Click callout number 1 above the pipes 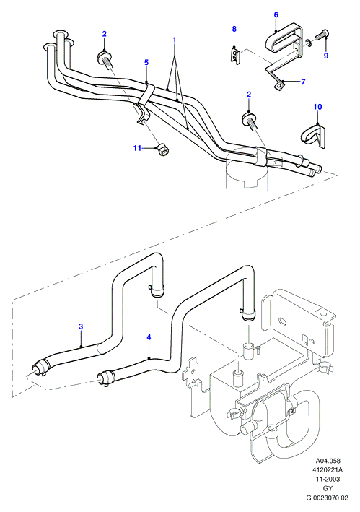174,40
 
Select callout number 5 146,62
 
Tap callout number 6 276,14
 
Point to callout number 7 303,82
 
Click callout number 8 234,29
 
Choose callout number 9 326,56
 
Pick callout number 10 317,107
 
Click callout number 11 137,148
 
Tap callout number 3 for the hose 81,326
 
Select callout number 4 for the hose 149,337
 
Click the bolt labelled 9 322,34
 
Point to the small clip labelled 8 234,55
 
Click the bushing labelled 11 163,150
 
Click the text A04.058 328,461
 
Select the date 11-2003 328,480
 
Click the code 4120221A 328,470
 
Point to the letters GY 328,488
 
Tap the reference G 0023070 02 327,498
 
